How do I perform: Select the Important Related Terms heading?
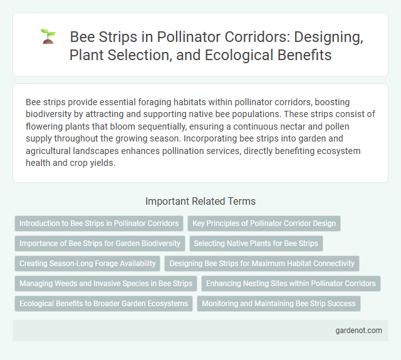(x=200, y=201)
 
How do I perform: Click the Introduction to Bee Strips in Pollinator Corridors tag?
(x=99, y=223)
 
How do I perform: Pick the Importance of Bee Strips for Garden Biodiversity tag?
(x=100, y=243)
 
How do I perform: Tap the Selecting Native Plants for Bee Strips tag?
(x=255, y=243)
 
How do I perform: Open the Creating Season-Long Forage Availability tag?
(x=87, y=263)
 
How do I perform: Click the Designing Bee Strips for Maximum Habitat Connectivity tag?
(x=261, y=263)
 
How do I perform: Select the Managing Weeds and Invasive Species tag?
(x=106, y=283)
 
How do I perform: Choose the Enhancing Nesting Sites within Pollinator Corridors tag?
(x=291, y=283)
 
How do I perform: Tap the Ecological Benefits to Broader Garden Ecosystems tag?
(x=103, y=303)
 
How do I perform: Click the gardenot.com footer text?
(x=358, y=330)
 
